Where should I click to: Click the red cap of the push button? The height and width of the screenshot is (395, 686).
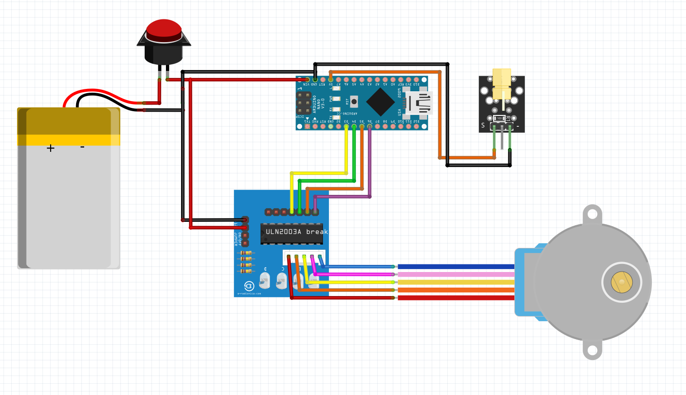(164, 28)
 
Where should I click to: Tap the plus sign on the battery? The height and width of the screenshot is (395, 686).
(51, 148)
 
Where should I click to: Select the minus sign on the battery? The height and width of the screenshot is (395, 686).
(82, 147)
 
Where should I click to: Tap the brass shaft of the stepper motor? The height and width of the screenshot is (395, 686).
(621, 282)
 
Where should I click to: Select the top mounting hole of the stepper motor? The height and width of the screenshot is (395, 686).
(592, 215)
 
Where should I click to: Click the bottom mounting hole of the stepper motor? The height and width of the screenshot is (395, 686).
(592, 351)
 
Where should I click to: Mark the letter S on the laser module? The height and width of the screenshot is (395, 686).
(483, 125)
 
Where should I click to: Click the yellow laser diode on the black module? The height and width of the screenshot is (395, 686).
(502, 83)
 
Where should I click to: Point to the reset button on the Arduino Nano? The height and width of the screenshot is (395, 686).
(354, 101)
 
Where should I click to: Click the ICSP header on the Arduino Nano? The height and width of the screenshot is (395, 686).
(304, 103)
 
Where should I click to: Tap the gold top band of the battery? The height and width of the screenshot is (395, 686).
(69, 121)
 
